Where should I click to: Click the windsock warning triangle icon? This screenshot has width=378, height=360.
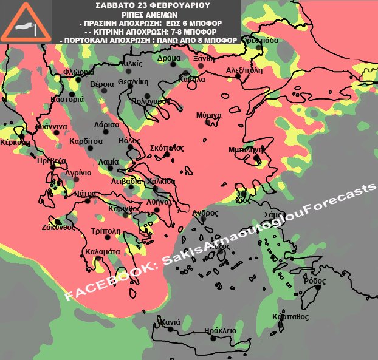[x=26, y=23]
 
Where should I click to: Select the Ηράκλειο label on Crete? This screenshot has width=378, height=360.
[x=219, y=330]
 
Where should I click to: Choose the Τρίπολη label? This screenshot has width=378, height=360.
[x=105, y=231]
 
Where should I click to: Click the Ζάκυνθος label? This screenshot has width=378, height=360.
[x=58, y=228]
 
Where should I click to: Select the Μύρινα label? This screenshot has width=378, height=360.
[x=208, y=115]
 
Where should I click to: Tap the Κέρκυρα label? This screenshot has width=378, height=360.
[x=15, y=143]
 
